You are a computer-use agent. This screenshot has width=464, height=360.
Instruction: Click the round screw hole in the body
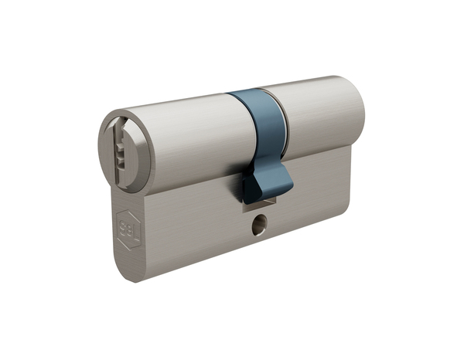[x=258, y=226]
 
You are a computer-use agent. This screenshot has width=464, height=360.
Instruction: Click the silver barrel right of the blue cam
[x=321, y=116]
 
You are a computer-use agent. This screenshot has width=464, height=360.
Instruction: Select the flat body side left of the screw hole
[x=193, y=232]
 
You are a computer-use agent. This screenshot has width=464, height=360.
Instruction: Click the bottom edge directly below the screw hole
[x=259, y=246]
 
